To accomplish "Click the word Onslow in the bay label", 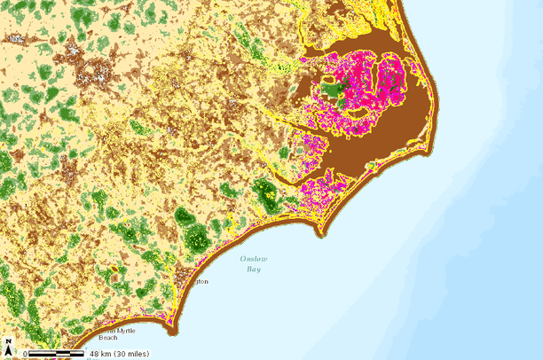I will click(x=253, y=259).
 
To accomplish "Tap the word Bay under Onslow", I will click(x=254, y=269).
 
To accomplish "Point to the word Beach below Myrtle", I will click(x=107, y=338).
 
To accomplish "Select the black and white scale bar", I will click(x=55, y=354).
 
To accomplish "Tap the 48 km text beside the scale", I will click(x=98, y=355).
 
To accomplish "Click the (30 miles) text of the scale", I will click(x=130, y=355).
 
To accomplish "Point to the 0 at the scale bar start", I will click(x=26, y=355).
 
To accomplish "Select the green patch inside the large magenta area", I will click(x=334, y=89).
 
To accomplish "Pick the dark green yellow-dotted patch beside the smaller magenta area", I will click(x=264, y=192).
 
